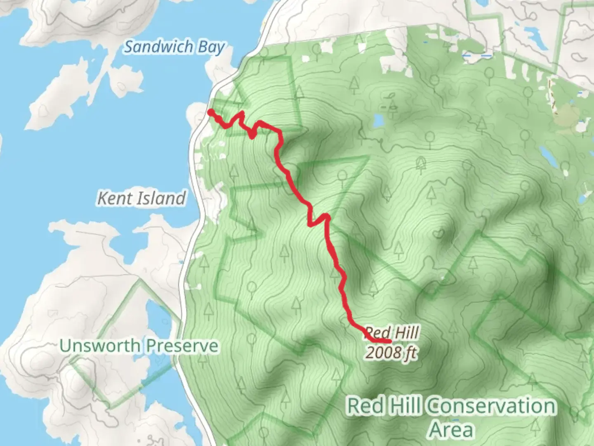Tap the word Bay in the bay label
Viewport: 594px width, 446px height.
[x=210, y=47]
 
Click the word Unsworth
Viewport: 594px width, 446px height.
[x=101, y=345]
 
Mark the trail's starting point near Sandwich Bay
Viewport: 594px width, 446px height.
[x=210, y=112]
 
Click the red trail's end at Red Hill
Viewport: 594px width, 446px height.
[x=389, y=342]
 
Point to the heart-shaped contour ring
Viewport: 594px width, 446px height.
[x=438, y=234]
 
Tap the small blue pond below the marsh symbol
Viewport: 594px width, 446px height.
[x=377, y=121]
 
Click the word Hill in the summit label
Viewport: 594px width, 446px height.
[x=405, y=333]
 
